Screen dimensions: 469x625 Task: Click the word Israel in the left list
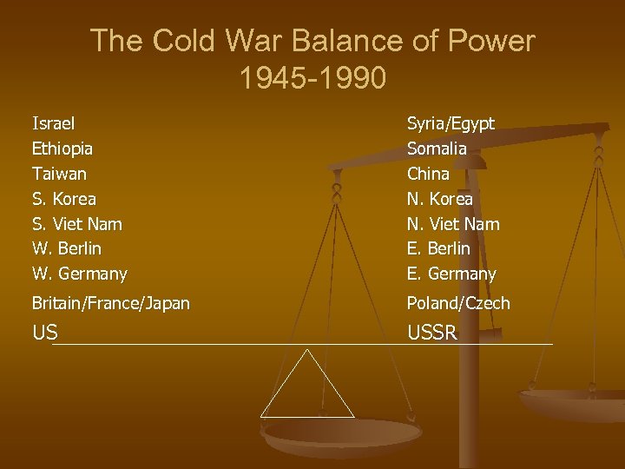coord(53,123)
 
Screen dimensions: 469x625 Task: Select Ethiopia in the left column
coord(62,149)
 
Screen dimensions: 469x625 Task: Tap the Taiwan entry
coord(59,174)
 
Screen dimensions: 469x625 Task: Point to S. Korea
coord(64,199)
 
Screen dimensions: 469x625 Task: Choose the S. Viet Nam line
coord(77,224)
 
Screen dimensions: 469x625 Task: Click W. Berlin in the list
coord(67,248)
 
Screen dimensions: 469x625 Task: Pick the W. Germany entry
coord(80,274)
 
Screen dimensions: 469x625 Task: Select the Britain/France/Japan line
coord(111,303)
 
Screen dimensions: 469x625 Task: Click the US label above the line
coord(45,334)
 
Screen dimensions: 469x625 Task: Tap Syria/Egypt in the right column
coord(451,123)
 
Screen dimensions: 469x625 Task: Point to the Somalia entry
coord(437,149)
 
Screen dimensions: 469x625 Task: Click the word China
coord(429,174)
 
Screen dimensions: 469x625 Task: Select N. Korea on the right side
coord(440,199)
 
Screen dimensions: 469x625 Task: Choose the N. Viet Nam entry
coord(453,224)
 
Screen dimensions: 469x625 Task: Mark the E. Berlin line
coord(439,248)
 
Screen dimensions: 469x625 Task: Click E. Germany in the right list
coord(452,274)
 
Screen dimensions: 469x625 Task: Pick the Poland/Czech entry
coord(458,303)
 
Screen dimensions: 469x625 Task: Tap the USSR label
coord(432,334)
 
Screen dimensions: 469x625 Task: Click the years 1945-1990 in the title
coord(312,78)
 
